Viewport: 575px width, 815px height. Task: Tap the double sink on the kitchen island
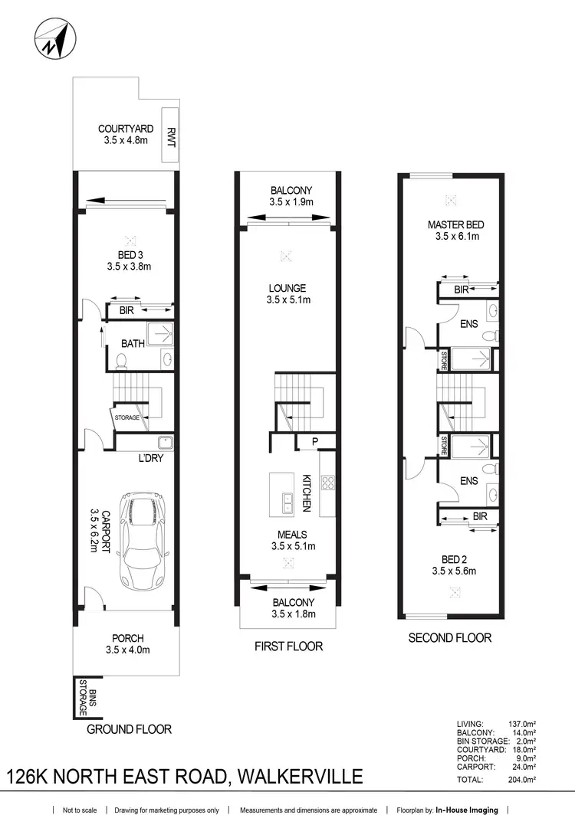click(x=287, y=503)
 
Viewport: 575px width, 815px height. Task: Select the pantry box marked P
click(x=315, y=441)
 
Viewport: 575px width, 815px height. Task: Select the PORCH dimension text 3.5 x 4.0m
click(x=127, y=650)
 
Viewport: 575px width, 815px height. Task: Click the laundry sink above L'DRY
click(x=164, y=442)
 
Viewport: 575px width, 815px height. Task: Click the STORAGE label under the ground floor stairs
click(x=127, y=417)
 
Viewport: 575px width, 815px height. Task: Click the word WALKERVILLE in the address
click(x=300, y=777)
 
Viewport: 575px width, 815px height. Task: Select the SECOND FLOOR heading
click(x=450, y=637)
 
